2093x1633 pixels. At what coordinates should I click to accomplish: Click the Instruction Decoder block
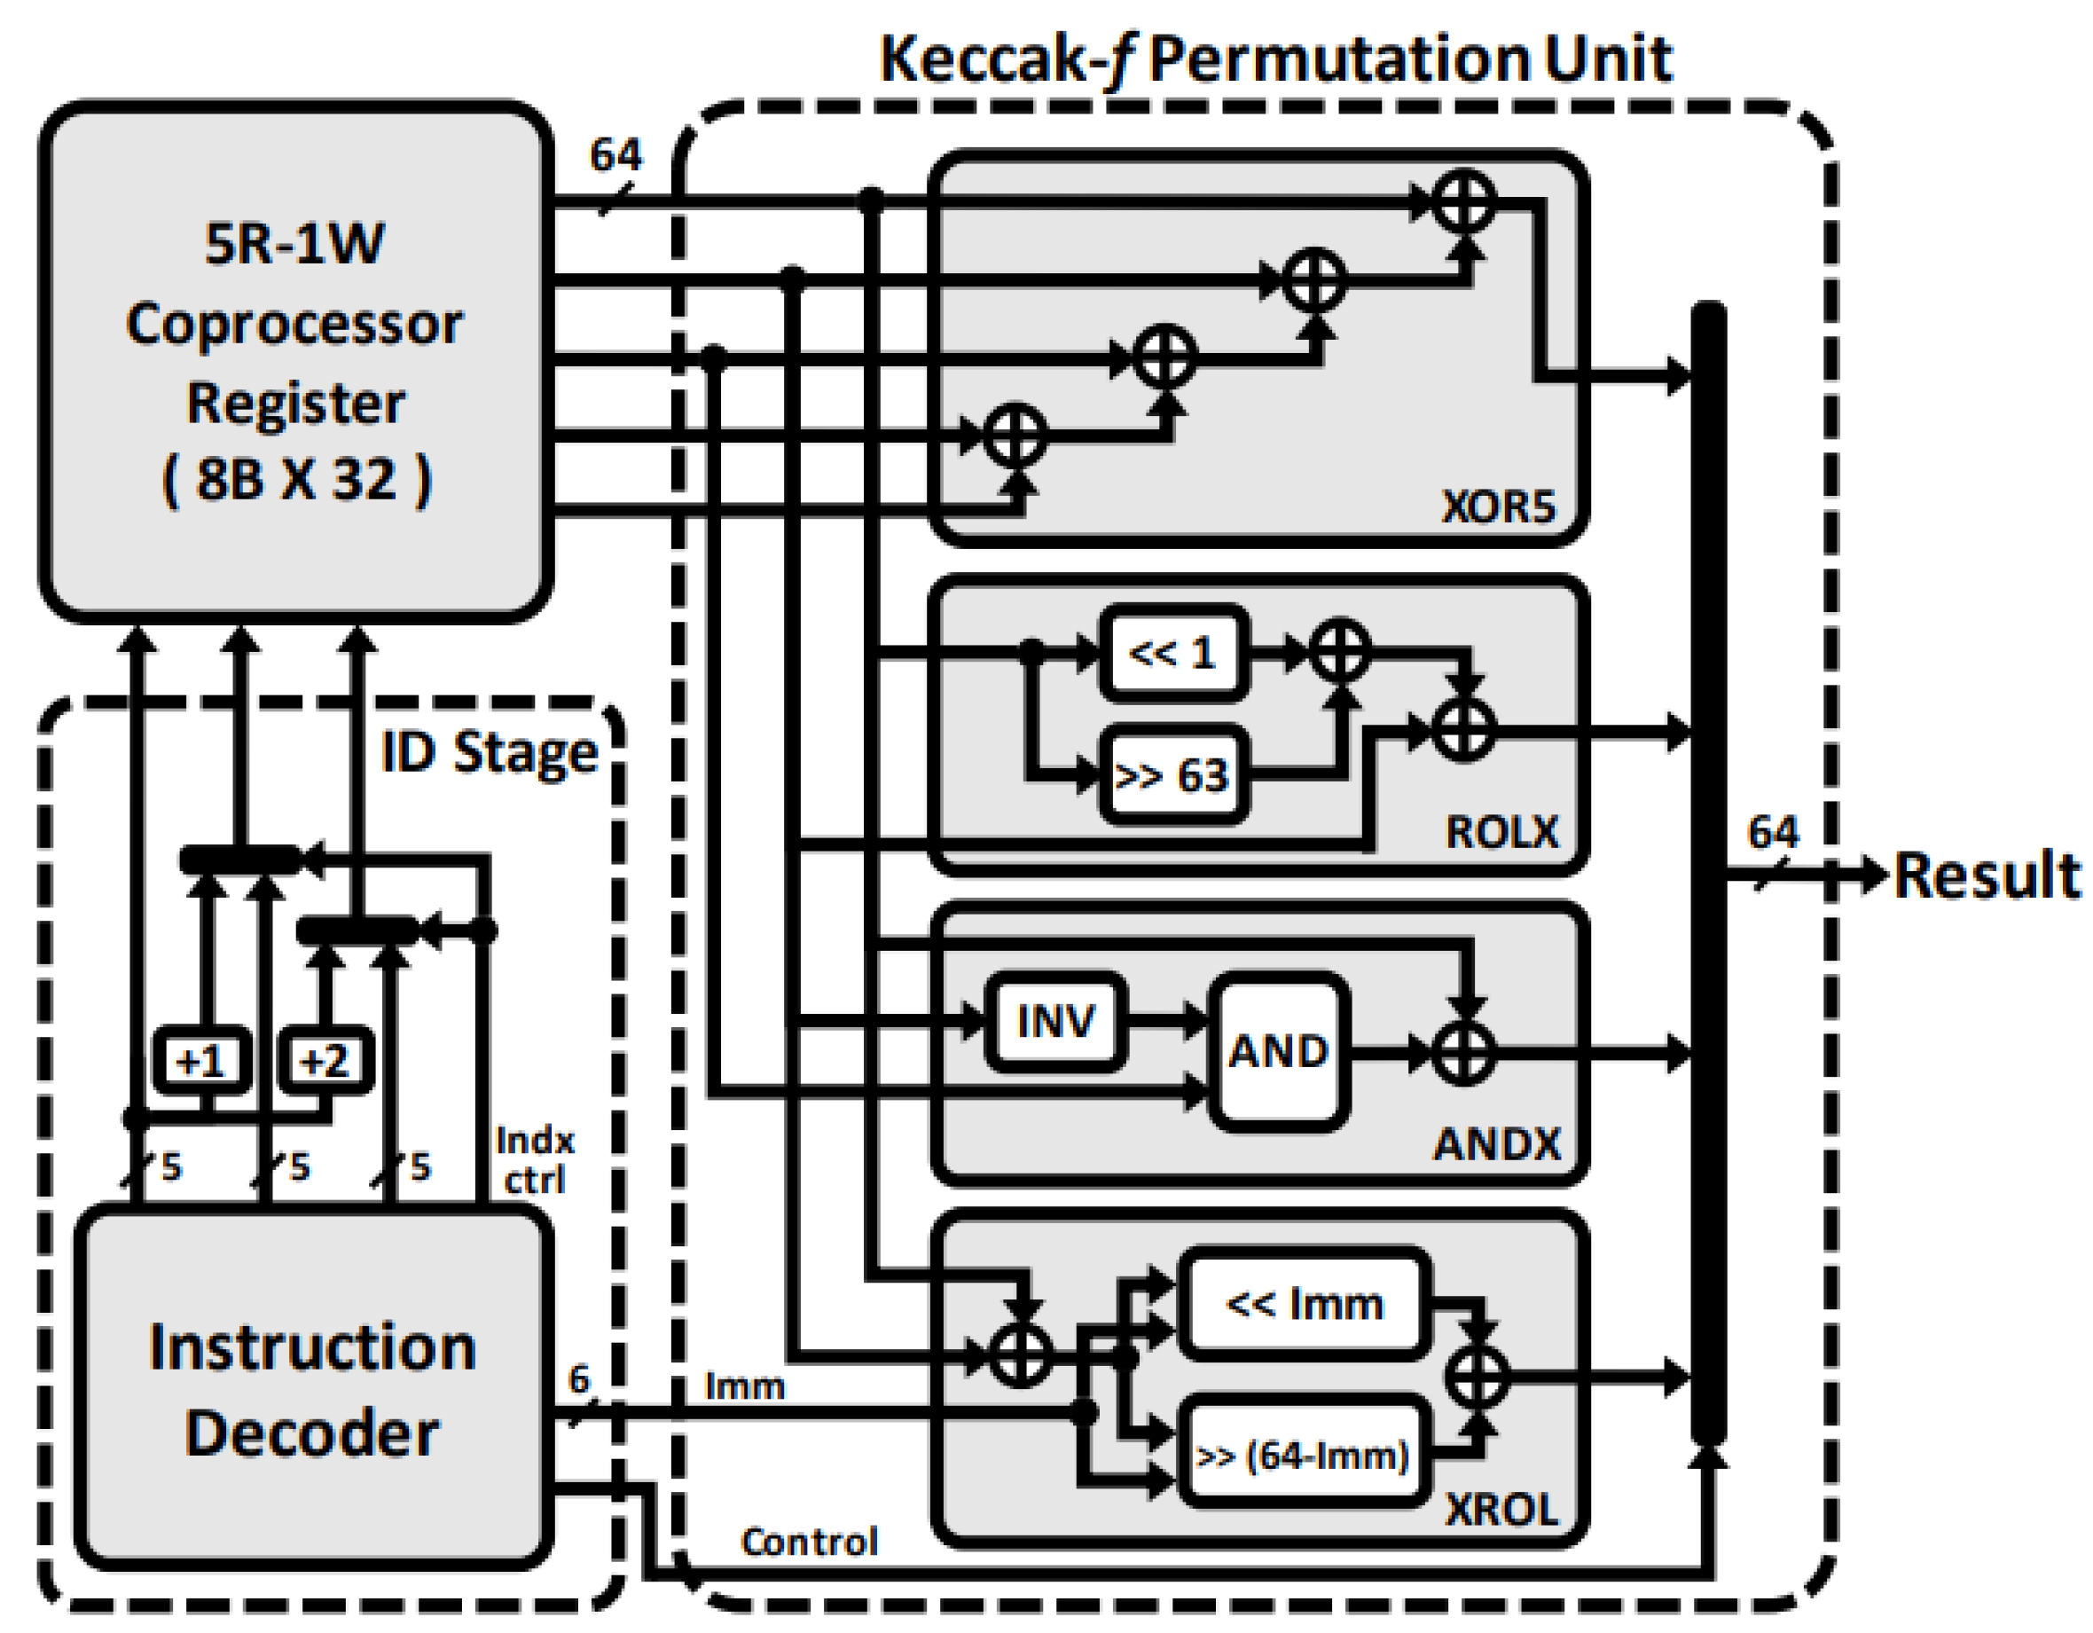(312, 1390)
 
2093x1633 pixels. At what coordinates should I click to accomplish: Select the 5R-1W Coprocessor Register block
(295, 362)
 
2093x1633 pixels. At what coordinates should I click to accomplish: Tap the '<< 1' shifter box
(1173, 654)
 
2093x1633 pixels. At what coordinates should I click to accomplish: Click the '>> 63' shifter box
(1173, 774)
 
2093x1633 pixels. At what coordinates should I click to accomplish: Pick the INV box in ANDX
(1055, 1022)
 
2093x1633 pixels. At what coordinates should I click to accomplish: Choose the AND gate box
(1279, 1052)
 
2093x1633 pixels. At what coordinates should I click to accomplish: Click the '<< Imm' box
(1305, 1303)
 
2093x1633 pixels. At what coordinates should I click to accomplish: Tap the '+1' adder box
(201, 1061)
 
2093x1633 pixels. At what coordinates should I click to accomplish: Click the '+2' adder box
(324, 1061)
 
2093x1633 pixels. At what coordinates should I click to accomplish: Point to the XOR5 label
(1498, 506)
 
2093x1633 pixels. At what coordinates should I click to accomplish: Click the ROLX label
(1501, 832)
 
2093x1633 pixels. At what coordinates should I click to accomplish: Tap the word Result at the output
(1987, 875)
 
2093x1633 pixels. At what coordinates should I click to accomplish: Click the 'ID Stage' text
(490, 752)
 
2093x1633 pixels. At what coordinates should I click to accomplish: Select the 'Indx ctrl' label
(535, 1159)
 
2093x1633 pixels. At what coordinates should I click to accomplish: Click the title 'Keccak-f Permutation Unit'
(1275, 59)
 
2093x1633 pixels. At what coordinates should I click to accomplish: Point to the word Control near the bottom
(810, 1542)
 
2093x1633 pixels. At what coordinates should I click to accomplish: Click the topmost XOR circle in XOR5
(1464, 202)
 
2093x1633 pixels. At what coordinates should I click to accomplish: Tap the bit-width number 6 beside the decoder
(579, 1380)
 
